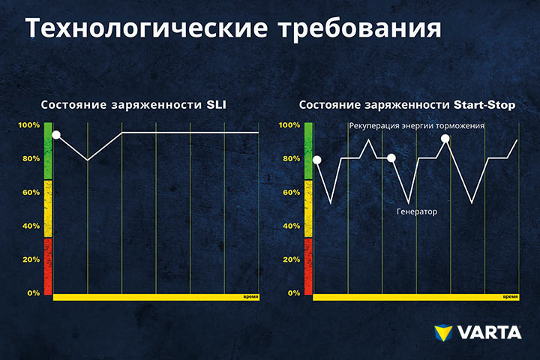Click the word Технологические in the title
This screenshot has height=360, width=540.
pos(146,28)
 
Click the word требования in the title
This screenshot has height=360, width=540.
pos(360,28)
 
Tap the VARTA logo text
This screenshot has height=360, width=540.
pos(489,332)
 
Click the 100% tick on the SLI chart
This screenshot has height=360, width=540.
pos(29,125)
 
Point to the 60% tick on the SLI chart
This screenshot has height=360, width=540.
pos(31,192)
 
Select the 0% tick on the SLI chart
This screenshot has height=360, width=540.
pos(34,293)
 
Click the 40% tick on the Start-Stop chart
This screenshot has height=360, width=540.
pos(291,226)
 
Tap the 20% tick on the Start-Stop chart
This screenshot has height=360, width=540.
pos(291,259)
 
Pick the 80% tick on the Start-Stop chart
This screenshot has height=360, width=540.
pos(291,158)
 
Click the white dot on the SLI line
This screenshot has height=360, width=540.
pos(56,135)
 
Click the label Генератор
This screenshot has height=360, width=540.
pos(417,211)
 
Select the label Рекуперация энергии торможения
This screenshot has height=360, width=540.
pos(416,126)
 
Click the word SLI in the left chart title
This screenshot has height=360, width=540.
pos(216,105)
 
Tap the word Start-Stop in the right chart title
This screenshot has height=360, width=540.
pos(484,105)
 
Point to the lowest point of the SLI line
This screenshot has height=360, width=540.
pos(88,160)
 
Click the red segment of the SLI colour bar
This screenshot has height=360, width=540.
pos(48,266)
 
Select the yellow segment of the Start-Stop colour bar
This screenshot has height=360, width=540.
pos(308,208)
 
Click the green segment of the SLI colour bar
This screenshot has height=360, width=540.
pos(48,151)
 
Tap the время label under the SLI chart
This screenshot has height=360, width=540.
pos(250,296)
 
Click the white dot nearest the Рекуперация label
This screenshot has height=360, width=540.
pos(445,139)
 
